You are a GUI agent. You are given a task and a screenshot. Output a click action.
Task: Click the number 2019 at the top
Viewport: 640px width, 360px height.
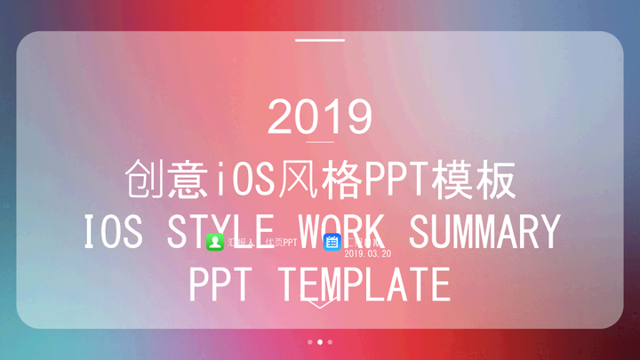[319, 116]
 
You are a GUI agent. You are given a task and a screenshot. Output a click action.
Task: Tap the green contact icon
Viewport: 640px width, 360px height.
[214, 242]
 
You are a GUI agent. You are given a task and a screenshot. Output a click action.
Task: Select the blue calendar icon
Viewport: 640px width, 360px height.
[332, 242]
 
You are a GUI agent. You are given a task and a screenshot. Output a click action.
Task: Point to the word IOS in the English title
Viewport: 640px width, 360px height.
[112, 232]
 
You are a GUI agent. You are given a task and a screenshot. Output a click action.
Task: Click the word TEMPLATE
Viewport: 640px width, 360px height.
[364, 285]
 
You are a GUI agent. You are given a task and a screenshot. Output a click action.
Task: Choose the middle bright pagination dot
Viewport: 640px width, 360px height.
[320, 341]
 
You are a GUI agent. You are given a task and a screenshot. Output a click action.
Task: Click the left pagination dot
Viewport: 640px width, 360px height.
[309, 341]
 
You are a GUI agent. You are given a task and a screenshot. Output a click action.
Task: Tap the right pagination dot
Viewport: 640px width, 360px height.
[331, 341]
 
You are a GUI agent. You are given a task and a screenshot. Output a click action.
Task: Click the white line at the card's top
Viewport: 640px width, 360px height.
[319, 40]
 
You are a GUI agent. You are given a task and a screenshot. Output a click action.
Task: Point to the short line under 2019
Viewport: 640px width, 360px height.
[319, 142]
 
